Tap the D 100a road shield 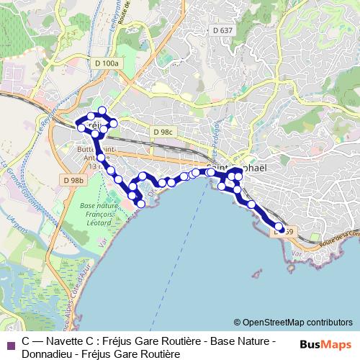point(105,63)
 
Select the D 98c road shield point(164,132)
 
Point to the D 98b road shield point(73,179)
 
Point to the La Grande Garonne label point(12,176)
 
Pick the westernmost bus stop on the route point(80,125)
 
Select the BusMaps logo point(326,344)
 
